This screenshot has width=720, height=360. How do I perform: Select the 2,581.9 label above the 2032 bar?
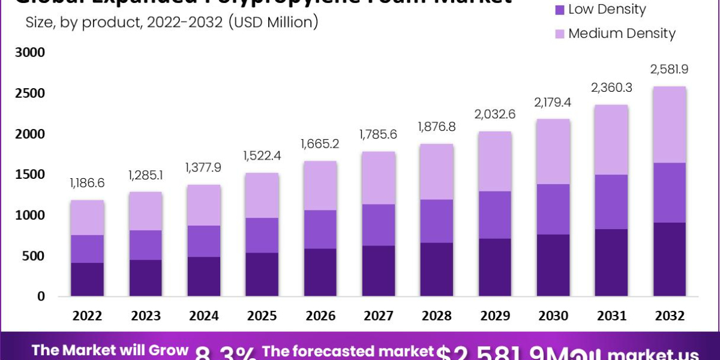tap(669, 70)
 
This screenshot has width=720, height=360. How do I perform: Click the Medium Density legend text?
tap(622, 34)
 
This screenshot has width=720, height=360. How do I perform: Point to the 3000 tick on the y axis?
tap(29, 53)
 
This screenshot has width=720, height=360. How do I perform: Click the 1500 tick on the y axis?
tap(29, 175)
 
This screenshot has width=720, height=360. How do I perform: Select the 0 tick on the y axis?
tap(41, 296)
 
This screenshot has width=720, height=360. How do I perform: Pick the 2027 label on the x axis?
tap(378, 316)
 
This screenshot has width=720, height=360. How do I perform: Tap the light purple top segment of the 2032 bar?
tap(669, 125)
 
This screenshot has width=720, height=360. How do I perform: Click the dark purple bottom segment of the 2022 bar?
tap(88, 279)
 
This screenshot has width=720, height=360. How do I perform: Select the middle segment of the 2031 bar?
tap(611, 202)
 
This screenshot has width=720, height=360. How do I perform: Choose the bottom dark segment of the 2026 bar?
tap(320, 272)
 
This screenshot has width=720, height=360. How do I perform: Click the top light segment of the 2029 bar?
tap(494, 161)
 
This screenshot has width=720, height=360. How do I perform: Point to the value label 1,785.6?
tap(378, 135)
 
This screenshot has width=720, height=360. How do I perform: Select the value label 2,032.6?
tap(494, 115)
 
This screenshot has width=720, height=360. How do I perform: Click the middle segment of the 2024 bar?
tap(203, 241)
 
